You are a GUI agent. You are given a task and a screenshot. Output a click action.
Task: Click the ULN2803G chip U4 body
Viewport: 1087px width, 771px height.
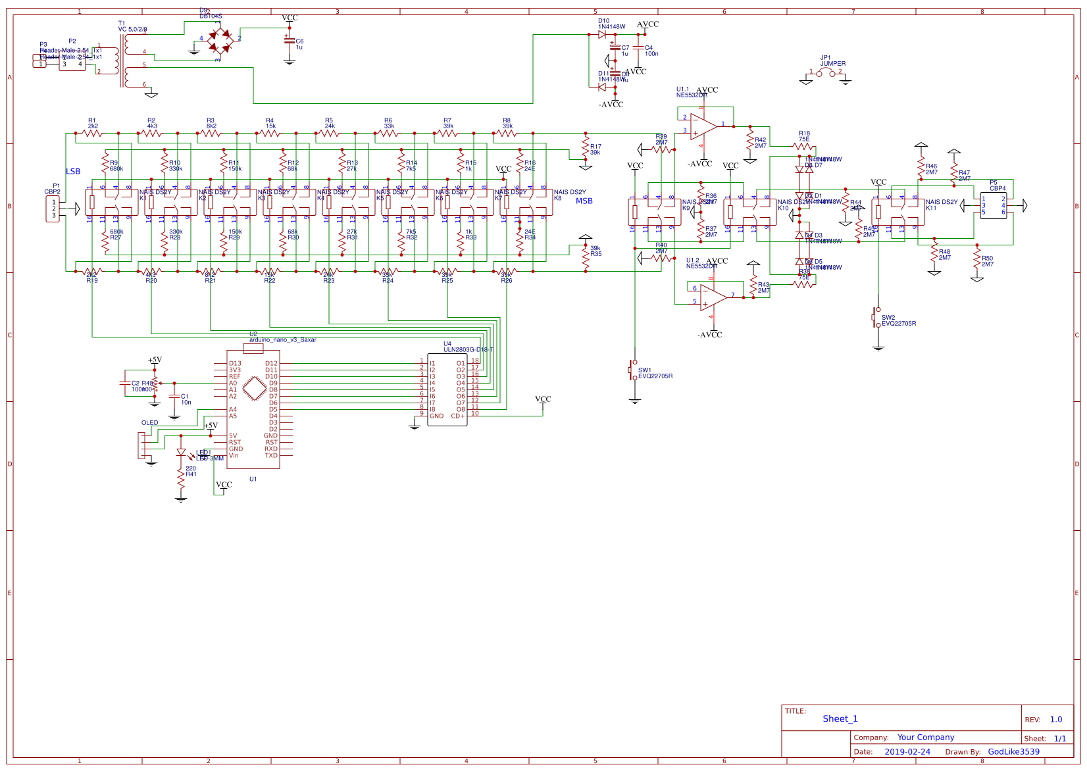click(447, 389)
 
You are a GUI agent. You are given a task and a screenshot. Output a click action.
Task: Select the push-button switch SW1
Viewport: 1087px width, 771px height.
click(633, 370)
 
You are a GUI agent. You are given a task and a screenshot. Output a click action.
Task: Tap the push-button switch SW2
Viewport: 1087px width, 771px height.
click(877, 317)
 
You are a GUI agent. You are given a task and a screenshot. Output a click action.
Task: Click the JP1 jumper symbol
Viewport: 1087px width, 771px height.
click(826, 74)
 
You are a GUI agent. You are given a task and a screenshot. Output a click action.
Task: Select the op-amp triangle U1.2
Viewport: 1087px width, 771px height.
click(713, 297)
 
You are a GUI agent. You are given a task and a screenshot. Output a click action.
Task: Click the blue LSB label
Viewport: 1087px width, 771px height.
click(73, 172)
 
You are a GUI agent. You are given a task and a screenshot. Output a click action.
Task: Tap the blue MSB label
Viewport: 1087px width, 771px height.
click(584, 201)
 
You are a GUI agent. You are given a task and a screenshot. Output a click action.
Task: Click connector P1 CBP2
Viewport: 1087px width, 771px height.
click(52, 209)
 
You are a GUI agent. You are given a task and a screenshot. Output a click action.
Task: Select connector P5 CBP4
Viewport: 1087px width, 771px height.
click(993, 205)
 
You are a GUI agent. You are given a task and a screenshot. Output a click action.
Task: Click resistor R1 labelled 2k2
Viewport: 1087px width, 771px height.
click(92, 133)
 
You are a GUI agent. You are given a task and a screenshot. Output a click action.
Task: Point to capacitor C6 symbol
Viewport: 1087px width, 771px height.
click(289, 41)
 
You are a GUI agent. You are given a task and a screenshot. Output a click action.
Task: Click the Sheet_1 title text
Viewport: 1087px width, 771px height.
click(840, 719)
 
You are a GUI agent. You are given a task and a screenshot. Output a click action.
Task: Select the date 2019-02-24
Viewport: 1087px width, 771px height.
click(907, 752)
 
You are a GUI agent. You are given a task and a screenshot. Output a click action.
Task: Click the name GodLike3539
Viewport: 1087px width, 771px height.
click(1013, 752)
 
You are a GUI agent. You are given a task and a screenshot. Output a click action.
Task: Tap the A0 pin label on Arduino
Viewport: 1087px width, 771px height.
click(233, 383)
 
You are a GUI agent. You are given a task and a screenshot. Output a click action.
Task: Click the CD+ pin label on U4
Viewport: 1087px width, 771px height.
click(458, 416)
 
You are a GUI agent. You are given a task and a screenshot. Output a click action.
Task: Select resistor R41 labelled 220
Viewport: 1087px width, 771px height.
click(181, 479)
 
